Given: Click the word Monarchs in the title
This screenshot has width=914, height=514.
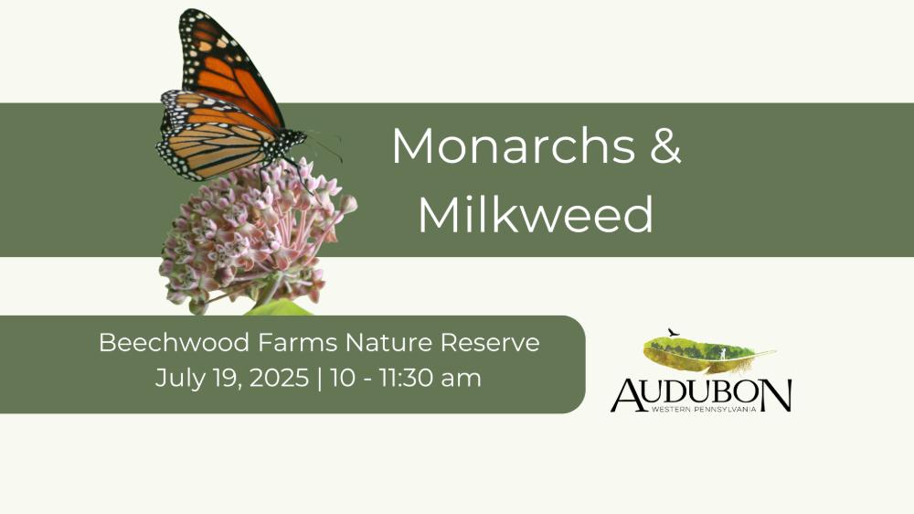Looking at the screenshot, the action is tap(514, 145).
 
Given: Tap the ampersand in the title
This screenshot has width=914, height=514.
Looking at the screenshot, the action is tap(665, 145).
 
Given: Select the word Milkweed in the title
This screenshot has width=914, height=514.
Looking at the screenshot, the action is tap(536, 214).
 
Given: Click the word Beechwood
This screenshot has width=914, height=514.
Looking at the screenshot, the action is tap(174, 342).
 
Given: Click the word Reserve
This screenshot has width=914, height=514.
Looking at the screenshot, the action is tap(490, 342).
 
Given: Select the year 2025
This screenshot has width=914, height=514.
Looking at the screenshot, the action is tap(279, 378).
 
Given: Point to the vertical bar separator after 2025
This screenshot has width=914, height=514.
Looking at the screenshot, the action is tap(319, 379).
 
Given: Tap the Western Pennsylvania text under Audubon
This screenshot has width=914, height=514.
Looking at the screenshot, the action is tap(704, 409).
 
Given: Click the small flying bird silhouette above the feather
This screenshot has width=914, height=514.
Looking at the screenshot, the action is tap(674, 332).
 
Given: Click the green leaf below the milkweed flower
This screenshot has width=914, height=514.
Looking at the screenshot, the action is tap(279, 308).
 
